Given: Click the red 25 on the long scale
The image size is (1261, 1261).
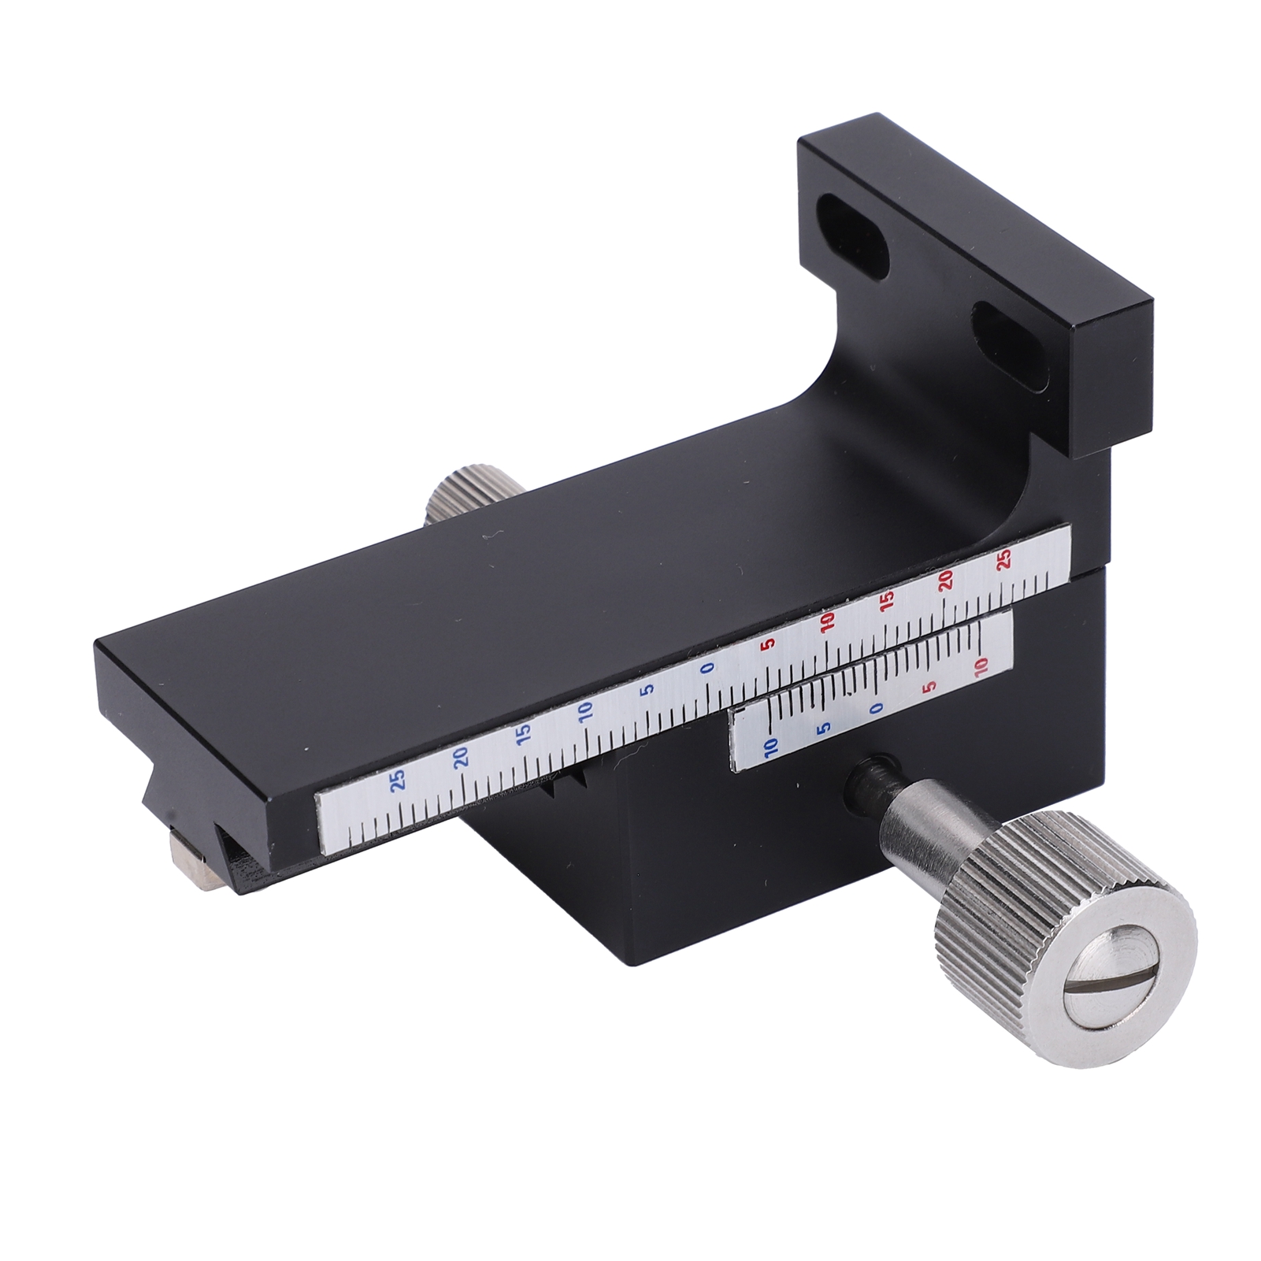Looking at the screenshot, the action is pyautogui.click(x=1004, y=559).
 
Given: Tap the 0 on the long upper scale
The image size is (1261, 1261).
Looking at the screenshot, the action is pyautogui.click(x=707, y=668).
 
